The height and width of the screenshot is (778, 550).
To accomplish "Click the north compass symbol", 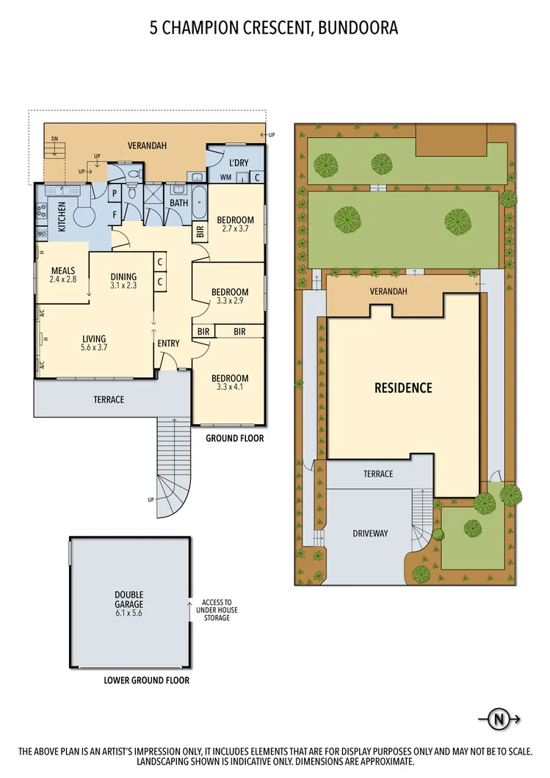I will coord(499,719).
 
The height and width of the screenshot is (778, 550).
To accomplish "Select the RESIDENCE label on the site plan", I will coord(403,388).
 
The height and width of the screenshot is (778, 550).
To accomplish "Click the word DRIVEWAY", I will coord(370,533).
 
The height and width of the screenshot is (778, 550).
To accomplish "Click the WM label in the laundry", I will coord(226,178).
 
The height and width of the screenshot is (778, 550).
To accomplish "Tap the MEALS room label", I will coord(63,270).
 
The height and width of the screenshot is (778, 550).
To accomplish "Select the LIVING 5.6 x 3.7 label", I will coord(95,343).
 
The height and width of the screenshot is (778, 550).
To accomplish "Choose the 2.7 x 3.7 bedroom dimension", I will coord(236,229).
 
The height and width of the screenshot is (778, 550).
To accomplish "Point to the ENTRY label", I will coord(168,343).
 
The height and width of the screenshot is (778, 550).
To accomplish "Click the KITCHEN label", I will coord(62,217).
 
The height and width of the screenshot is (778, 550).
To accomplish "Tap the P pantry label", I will coord(115,195).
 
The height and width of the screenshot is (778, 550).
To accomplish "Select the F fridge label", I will coord(115,216).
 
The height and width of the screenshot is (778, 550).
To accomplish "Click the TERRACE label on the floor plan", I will coord(108,400).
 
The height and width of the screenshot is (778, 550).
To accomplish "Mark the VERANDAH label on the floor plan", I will coord(147,146).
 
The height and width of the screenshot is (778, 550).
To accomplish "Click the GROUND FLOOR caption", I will coord(234,438).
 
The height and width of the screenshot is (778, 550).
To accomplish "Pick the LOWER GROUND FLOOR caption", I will coord(147,680).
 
